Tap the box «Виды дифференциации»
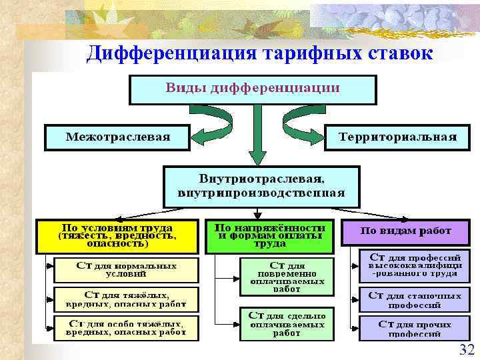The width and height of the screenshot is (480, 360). pyautogui.click(x=253, y=89)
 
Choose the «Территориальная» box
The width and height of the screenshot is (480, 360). pyautogui.click(x=397, y=137)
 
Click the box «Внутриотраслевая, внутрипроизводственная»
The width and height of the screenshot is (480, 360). pyautogui.click(x=261, y=186)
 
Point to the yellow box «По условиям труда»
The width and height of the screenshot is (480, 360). pyautogui.click(x=117, y=235)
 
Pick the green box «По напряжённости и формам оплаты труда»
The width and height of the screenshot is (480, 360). pyautogui.click(x=271, y=235)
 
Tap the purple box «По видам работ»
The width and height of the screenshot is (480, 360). pyautogui.click(x=405, y=232)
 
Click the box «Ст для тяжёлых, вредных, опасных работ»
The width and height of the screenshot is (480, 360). pyautogui.click(x=126, y=299)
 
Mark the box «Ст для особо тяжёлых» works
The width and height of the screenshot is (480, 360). pyautogui.click(x=126, y=327)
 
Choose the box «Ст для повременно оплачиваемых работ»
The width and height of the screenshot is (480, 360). pyautogui.click(x=286, y=276)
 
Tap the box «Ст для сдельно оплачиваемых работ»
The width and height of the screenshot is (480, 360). pyautogui.click(x=286, y=324)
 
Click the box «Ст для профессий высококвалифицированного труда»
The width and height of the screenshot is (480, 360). pyautogui.click(x=415, y=265)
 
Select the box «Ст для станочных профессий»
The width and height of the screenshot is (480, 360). pyautogui.click(x=415, y=299)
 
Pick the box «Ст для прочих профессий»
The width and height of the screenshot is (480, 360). pyautogui.click(x=415, y=327)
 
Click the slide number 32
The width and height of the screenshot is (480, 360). pyautogui.click(x=466, y=350)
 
